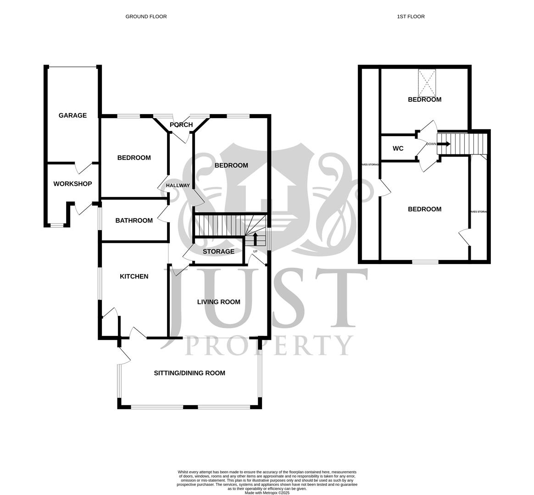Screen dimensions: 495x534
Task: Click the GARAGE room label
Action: [72, 115]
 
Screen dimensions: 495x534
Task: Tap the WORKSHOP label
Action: [72, 184]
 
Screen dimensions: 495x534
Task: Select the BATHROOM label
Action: [134, 220]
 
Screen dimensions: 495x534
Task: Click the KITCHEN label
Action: [134, 276]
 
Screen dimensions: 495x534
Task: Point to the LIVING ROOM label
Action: [219, 302]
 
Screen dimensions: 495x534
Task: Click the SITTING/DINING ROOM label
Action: [189, 373]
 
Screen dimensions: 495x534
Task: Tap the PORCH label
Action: [181, 125]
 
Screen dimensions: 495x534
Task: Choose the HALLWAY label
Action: [178, 186]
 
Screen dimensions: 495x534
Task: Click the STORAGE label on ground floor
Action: [218, 252]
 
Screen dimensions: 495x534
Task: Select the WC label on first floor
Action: [398, 148]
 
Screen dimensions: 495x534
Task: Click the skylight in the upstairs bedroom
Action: [427, 82]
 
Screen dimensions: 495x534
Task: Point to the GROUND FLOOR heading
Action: [146, 16]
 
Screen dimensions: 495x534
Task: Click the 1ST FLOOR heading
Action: [411, 16]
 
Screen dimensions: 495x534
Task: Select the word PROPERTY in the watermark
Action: [269, 346]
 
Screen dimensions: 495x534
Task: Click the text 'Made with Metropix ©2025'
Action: [267, 493]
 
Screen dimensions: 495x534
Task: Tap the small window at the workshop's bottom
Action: [57, 225]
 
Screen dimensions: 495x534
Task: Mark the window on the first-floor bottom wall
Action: [425, 262]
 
